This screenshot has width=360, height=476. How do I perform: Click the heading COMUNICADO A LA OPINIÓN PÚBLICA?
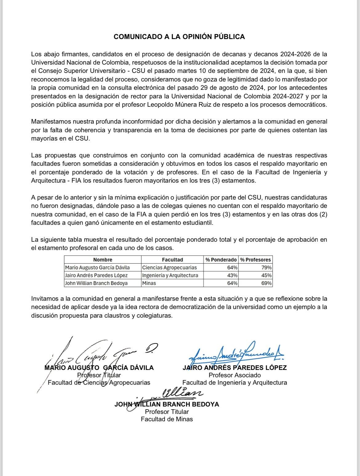coord(179,37)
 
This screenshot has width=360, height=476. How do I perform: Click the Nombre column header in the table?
coord(102,260)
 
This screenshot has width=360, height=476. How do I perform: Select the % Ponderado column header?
coord(221,260)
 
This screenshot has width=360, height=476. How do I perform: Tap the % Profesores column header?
coord(255,260)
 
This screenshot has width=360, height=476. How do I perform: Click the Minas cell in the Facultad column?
coord(149,283)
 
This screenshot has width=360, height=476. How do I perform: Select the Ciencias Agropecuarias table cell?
coord(169,268)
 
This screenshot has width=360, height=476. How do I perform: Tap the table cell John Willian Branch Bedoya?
coord(96,283)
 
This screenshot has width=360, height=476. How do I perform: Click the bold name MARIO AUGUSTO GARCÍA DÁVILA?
coord(99,368)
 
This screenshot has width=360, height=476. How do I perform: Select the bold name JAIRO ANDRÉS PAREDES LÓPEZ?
coord(234,368)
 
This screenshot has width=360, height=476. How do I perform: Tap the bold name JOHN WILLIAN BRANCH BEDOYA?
coord(167,404)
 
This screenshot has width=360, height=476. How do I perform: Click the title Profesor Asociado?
coord(234,375)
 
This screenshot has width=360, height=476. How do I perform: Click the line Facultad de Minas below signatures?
coord(167,419)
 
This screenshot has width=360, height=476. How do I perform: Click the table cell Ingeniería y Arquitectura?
coord(170,276)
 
